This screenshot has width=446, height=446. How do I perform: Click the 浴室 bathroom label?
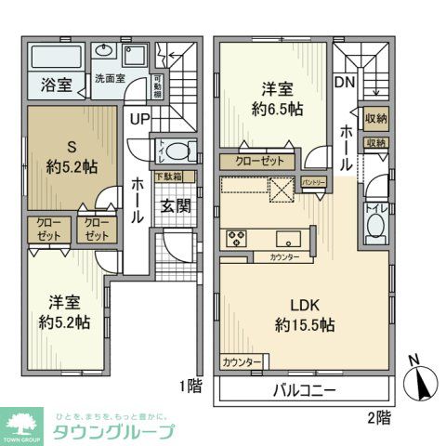coord(55,85)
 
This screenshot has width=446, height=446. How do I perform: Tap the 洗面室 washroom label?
coord(109,79)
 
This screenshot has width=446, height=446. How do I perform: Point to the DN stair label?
coord(344,82)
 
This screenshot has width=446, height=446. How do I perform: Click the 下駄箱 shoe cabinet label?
coord(168,176)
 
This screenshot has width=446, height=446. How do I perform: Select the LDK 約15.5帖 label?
coord(305,315)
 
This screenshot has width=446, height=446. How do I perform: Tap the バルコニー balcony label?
coord(305,390)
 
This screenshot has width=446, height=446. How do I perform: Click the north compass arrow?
coord(424,380)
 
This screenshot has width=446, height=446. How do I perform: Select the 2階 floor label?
coord(377,417)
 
